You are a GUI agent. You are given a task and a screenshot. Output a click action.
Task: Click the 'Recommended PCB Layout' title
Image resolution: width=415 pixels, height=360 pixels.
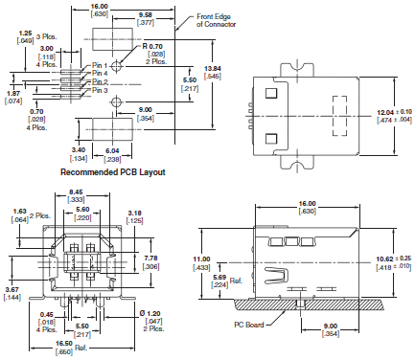[113, 172]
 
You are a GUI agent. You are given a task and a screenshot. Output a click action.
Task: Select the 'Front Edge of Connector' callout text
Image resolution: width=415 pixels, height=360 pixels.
[216, 20]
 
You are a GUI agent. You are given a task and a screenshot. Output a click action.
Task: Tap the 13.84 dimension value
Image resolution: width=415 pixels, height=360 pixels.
[213, 68]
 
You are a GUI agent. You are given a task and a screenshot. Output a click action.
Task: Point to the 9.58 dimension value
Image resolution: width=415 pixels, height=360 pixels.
[146, 14]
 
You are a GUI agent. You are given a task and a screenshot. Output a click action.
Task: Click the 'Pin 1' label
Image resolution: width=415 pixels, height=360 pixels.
[100, 65]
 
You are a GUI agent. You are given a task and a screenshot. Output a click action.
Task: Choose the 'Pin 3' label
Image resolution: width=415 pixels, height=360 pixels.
[100, 90]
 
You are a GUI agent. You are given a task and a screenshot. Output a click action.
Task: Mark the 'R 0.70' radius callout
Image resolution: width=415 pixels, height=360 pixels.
[152, 47]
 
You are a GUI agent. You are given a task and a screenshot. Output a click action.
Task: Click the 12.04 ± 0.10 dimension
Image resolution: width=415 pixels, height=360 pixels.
[395, 112]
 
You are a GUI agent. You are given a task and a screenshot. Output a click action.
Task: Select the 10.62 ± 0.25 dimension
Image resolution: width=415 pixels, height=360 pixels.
[394, 259]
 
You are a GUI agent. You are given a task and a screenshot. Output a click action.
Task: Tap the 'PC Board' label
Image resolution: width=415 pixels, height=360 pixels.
[249, 325]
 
